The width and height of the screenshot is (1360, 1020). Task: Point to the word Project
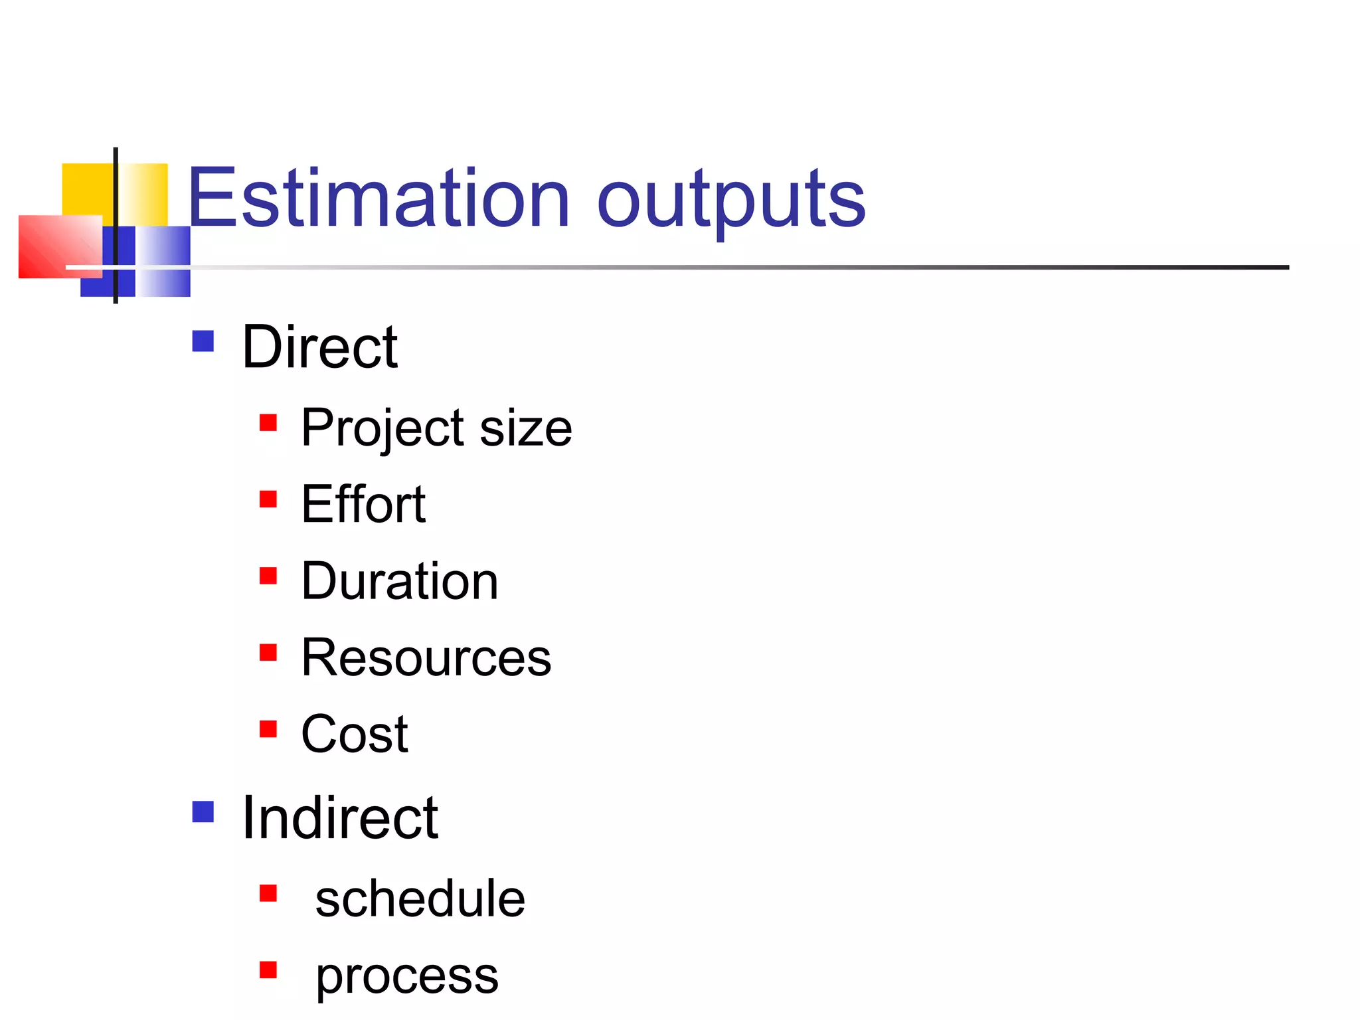[x=382, y=428]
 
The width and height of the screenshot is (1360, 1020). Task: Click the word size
[x=525, y=428]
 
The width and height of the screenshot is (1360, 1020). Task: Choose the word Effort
[x=363, y=505]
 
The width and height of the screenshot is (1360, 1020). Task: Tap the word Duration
[x=399, y=581]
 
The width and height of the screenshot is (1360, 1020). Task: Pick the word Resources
[x=426, y=657]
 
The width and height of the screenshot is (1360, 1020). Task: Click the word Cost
[x=354, y=734]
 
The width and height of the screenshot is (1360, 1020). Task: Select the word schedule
[x=420, y=898]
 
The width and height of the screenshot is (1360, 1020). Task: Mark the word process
[x=406, y=976]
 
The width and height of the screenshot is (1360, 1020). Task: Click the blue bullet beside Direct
[x=203, y=341]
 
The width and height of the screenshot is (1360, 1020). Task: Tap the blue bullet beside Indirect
[x=203, y=811]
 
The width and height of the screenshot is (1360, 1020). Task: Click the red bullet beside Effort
[x=268, y=499]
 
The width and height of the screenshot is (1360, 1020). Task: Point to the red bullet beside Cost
[x=268, y=728]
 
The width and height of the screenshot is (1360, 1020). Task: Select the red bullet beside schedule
[x=268, y=893]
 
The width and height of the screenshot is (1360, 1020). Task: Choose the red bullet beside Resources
[x=268, y=652]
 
